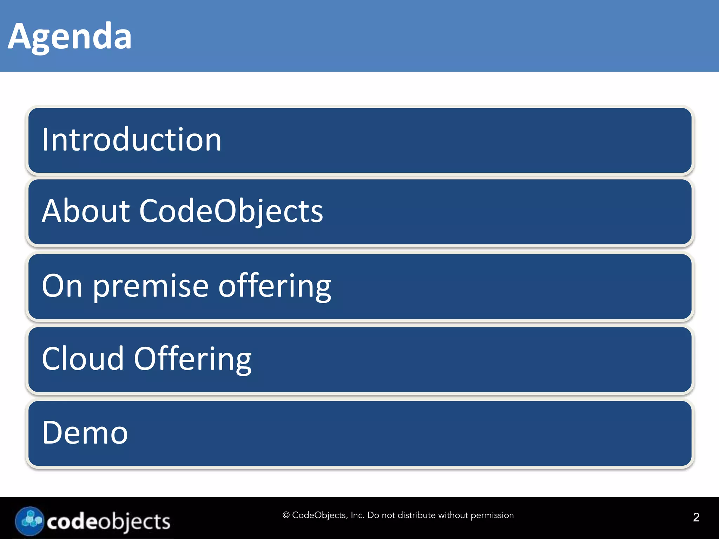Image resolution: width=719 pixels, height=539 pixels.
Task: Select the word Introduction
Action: pos(132,140)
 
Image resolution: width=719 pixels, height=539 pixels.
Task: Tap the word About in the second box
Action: pos(86,211)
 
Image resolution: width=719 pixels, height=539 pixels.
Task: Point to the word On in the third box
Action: pos(62,286)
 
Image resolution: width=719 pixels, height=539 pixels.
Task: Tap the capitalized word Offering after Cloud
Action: pos(193,359)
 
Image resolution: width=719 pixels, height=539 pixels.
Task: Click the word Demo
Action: pos(85,433)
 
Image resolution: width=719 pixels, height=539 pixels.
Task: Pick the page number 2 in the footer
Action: pos(696,517)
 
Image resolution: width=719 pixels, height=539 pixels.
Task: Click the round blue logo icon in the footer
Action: pos(29,521)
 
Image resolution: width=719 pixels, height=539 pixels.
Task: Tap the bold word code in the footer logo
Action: pos(72,522)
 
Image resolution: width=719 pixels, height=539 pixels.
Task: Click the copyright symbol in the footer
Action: pos(286,515)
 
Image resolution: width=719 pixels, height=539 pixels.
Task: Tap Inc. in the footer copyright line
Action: pos(357,515)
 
